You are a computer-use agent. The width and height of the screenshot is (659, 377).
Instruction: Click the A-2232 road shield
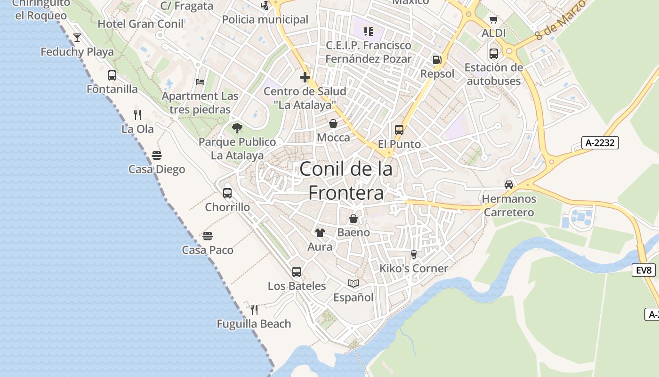pyautogui.click(x=600, y=143)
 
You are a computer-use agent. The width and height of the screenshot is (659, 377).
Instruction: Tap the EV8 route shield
pyautogui.click(x=643, y=270)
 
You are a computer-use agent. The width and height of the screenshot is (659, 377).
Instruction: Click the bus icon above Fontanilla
pyautogui.click(x=112, y=75)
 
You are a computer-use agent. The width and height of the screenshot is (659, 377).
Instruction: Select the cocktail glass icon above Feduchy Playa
pyautogui.click(x=77, y=38)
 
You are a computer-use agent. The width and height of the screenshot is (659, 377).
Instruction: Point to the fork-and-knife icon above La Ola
pyautogui.click(x=137, y=115)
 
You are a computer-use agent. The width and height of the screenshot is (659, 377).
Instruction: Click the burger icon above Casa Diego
pyautogui.click(x=157, y=156)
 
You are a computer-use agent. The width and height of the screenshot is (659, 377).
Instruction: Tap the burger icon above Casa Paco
pyautogui.click(x=208, y=236)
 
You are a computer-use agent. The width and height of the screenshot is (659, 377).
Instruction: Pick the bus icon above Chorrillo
pyautogui.click(x=227, y=193)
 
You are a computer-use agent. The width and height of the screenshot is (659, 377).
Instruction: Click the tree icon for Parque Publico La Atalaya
pyautogui.click(x=237, y=128)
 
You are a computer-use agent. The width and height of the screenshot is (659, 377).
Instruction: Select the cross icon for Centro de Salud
pyautogui.click(x=305, y=77)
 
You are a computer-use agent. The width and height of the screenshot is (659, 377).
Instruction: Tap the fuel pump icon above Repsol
pyautogui.click(x=437, y=60)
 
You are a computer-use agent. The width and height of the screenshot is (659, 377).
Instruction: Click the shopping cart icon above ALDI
pyautogui.click(x=493, y=19)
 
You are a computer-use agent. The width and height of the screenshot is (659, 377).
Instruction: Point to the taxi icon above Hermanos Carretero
pyautogui.click(x=509, y=184)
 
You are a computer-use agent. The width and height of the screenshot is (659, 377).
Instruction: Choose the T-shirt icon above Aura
pyautogui.click(x=320, y=232)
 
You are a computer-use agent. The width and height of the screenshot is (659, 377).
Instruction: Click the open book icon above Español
pyautogui.click(x=354, y=283)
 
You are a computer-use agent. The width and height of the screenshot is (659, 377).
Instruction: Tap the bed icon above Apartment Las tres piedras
pyautogui.click(x=200, y=82)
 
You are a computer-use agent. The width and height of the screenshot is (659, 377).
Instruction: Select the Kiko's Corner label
pyautogui.click(x=414, y=268)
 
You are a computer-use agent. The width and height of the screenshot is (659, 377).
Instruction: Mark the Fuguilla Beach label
pyautogui.click(x=254, y=324)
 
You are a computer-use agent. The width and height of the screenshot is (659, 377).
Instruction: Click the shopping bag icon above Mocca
pyautogui.click(x=333, y=123)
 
